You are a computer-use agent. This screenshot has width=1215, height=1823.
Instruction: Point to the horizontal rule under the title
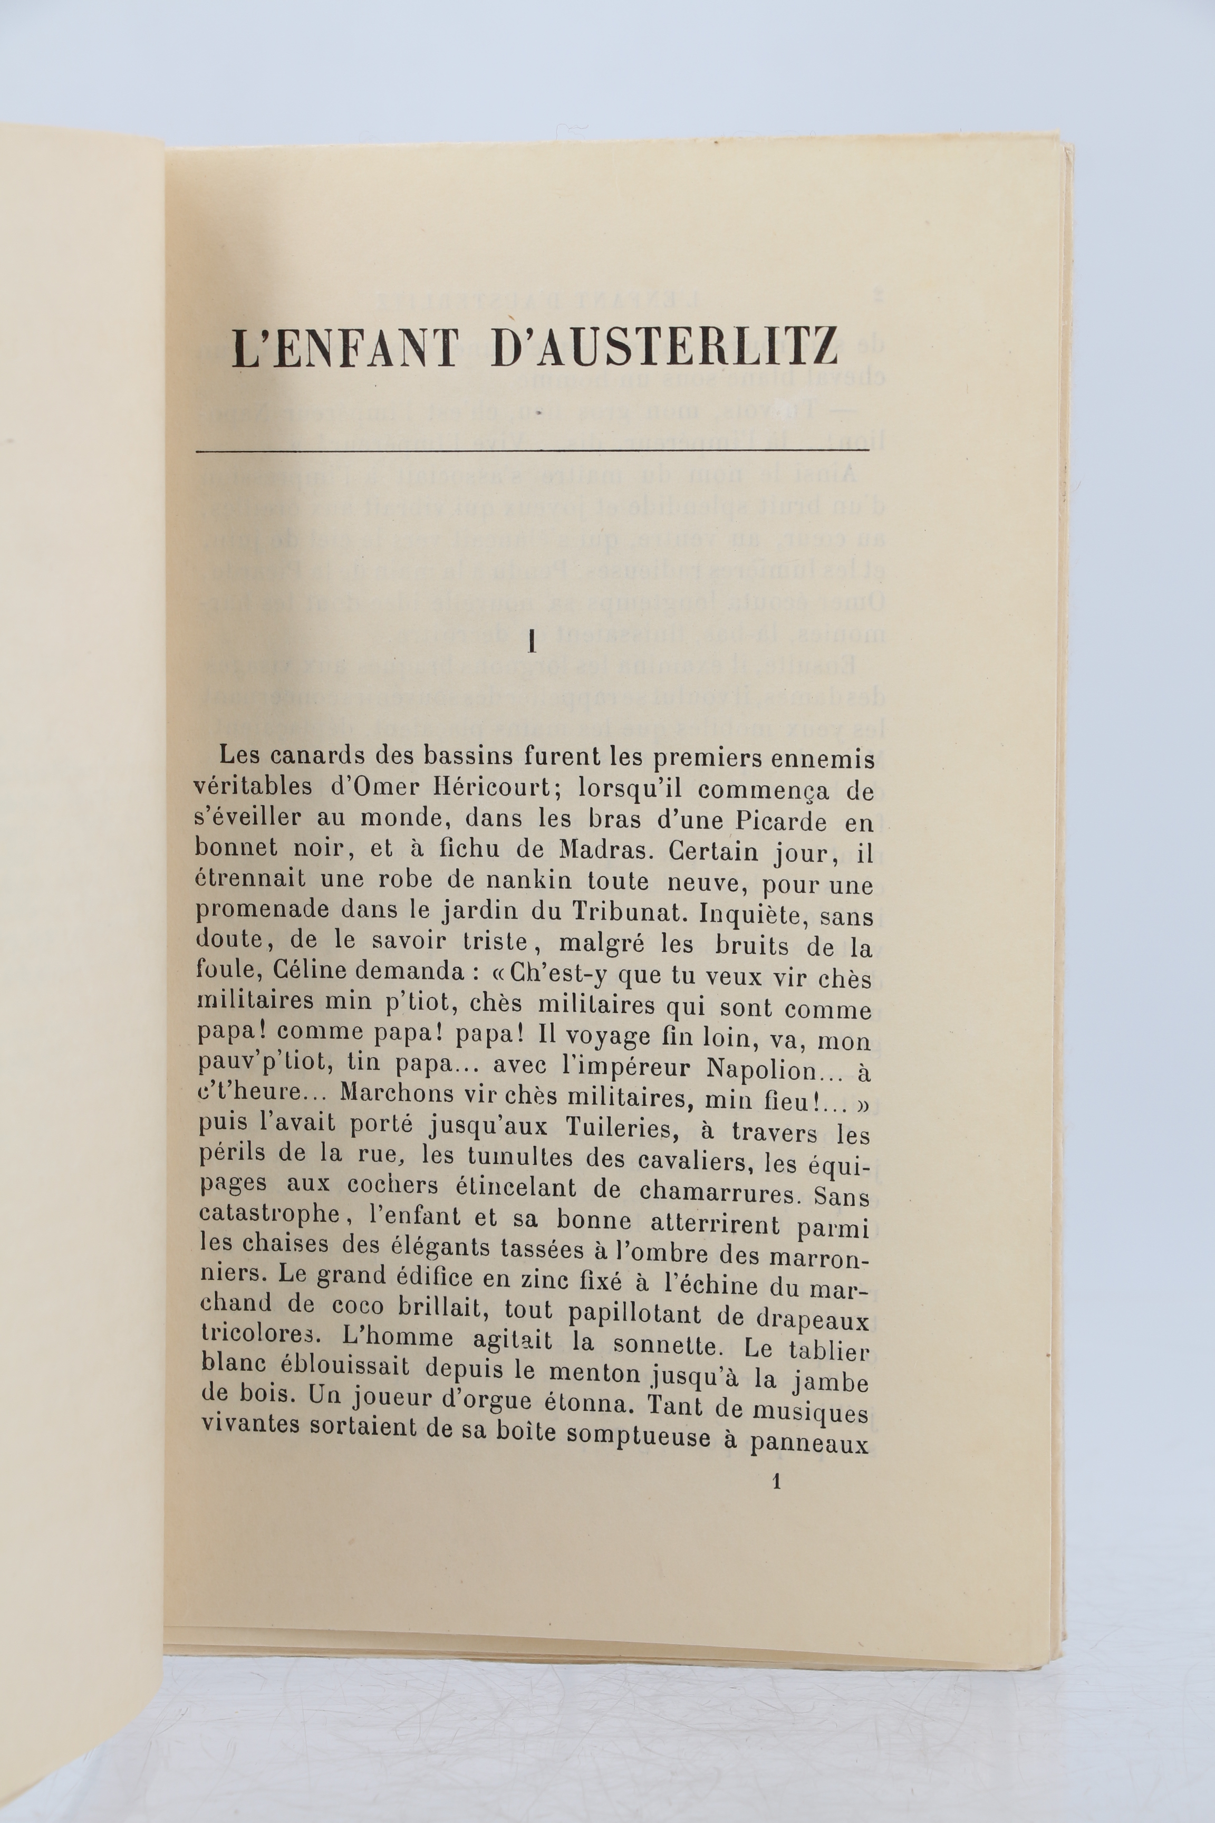(x=533, y=449)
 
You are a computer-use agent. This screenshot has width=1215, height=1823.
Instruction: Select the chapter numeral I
(x=532, y=642)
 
